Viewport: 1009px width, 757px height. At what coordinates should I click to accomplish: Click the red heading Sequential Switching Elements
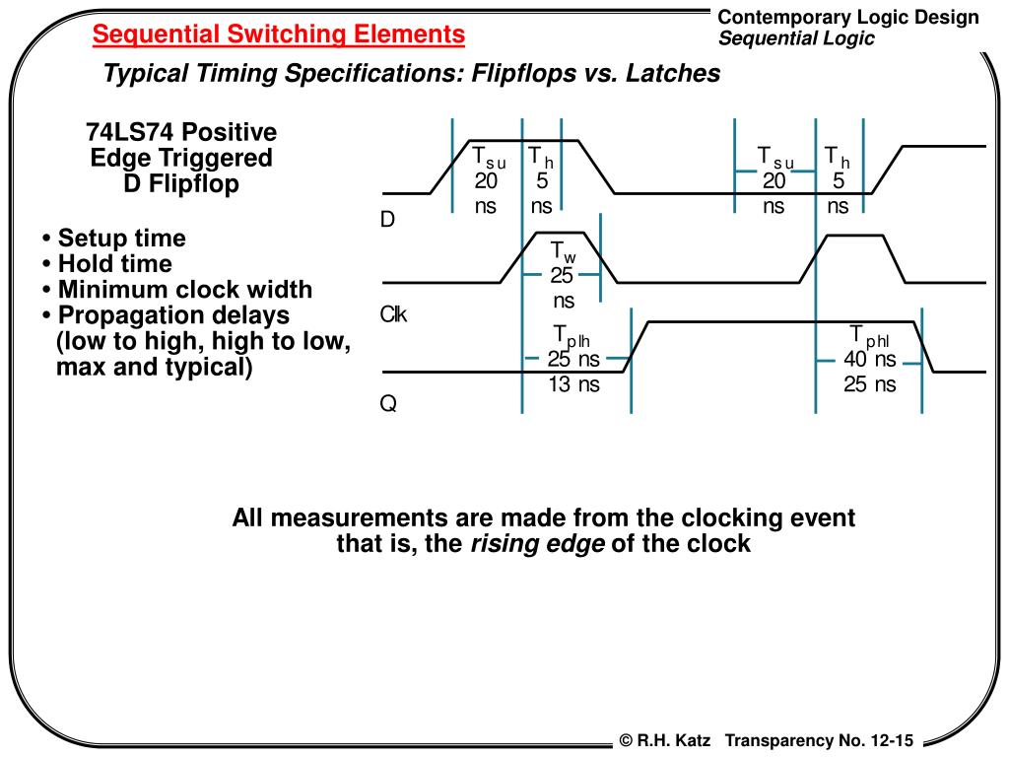pos(279,35)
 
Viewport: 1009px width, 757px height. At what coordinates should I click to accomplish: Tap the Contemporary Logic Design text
pos(848,17)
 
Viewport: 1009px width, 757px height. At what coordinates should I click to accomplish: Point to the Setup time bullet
pos(114,239)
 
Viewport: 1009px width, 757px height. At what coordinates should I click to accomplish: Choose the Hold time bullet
pos(107,264)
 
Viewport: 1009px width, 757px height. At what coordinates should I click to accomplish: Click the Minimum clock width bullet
pos(177,290)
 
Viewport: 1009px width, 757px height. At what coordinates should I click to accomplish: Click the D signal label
pos(387,220)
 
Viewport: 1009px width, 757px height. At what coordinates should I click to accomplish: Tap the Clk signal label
pos(394,315)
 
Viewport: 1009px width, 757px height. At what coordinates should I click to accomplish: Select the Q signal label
pos(388,405)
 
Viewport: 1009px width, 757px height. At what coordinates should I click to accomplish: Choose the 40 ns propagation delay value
pos(870,361)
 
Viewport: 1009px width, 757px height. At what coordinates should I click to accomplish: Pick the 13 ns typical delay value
pos(573,385)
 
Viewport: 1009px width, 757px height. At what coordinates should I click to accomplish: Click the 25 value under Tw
pos(562,277)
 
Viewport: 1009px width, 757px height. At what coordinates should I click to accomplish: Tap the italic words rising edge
pos(537,544)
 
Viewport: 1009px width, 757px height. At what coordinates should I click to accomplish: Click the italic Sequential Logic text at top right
pos(796,38)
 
